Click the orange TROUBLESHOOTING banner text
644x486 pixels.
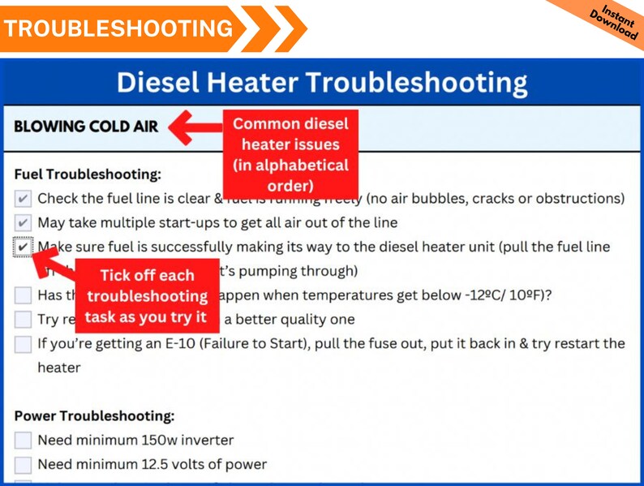(118, 28)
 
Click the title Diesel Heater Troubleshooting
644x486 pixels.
(321, 83)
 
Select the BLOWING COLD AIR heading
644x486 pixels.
(86, 127)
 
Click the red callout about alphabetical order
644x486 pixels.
(290, 154)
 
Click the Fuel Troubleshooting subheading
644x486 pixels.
(88, 174)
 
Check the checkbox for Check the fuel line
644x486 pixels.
(23, 199)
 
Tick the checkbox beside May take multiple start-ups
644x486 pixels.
(23, 222)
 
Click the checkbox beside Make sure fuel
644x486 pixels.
(23, 247)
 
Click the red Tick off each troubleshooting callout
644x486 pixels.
(147, 296)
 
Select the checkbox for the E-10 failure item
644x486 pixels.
(23, 343)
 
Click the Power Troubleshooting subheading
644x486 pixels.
(94, 416)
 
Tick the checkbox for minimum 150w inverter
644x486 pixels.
(23, 441)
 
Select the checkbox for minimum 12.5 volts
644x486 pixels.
(23, 465)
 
